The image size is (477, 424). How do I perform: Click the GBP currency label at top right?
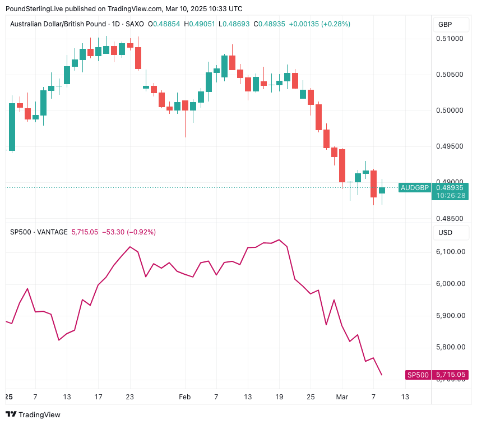(445, 25)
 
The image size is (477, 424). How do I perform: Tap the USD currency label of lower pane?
(445, 232)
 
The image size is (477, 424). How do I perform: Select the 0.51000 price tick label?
(451, 39)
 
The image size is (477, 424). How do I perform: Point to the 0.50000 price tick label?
(451, 110)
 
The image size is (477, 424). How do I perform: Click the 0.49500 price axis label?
(451, 146)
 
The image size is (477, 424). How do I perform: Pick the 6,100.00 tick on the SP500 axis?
(451, 252)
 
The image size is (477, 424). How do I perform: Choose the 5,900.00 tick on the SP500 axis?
(451, 316)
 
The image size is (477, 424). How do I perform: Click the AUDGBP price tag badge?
(414, 188)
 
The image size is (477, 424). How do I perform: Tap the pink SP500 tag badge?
(418, 375)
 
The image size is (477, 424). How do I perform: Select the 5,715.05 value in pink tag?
(451, 375)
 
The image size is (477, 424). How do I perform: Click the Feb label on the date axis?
(184, 397)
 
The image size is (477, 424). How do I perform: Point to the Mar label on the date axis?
(342, 397)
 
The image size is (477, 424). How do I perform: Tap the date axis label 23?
(130, 397)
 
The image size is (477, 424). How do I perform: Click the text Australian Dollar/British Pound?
(57, 24)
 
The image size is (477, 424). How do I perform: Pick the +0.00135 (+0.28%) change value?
(319, 24)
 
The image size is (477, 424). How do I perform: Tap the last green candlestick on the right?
(382, 190)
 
